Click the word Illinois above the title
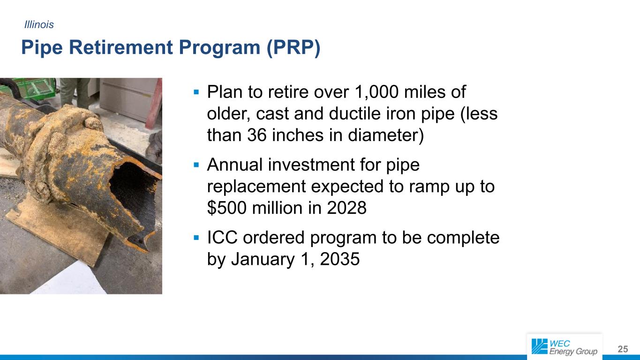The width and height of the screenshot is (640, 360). pyautogui.click(x=39, y=25)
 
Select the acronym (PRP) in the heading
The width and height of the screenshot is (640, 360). pyautogui.click(x=294, y=47)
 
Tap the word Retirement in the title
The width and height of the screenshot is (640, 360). pyautogui.click(x=121, y=47)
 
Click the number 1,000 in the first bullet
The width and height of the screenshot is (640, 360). pyautogui.click(x=376, y=92)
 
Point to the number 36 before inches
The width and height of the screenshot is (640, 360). pyautogui.click(x=257, y=135)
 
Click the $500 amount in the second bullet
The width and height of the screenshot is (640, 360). pyautogui.click(x=227, y=208)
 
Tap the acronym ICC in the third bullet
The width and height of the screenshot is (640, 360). pyautogui.click(x=222, y=238)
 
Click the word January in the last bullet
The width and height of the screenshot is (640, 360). pyautogui.click(x=263, y=260)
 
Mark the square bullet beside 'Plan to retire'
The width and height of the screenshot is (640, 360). pyautogui.click(x=196, y=92)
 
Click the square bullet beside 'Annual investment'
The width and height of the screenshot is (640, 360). pyautogui.click(x=196, y=165)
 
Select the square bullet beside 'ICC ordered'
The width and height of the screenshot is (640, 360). pyautogui.click(x=196, y=238)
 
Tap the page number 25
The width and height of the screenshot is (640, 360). pyautogui.click(x=623, y=349)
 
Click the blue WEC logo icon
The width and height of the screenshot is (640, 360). pyautogui.click(x=539, y=346)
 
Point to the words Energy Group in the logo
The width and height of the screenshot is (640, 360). pyautogui.click(x=573, y=352)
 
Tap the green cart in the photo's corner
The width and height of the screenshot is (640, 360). pyautogui.click(x=28, y=87)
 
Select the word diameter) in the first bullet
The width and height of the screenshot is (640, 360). pyautogui.click(x=386, y=135)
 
